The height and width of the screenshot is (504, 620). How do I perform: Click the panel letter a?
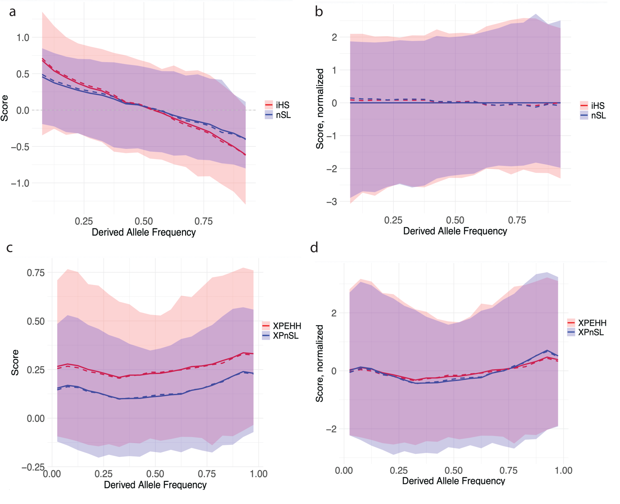(12, 12)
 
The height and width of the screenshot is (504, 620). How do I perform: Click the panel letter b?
(319, 12)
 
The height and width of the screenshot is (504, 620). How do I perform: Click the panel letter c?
(9, 248)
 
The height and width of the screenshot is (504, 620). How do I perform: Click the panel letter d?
(314, 248)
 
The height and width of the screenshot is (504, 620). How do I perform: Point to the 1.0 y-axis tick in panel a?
(23, 38)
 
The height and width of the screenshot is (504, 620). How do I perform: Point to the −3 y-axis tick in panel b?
(332, 202)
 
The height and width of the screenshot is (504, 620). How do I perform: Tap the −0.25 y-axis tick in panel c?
(33, 467)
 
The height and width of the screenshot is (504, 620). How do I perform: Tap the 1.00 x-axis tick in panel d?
(563, 471)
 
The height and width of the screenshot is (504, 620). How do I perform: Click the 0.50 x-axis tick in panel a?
(144, 221)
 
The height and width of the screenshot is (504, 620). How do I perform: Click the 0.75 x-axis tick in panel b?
(517, 220)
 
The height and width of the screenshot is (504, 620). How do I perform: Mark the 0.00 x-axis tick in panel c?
(52, 474)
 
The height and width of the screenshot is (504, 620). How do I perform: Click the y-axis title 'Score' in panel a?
(4, 108)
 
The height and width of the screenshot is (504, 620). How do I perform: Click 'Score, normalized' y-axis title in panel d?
(319, 363)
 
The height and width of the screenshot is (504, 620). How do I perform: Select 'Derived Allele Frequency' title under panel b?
(455, 231)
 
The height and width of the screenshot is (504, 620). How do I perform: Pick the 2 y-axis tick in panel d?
(334, 313)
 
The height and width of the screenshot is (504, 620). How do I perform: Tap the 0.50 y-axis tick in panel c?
(36, 321)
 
